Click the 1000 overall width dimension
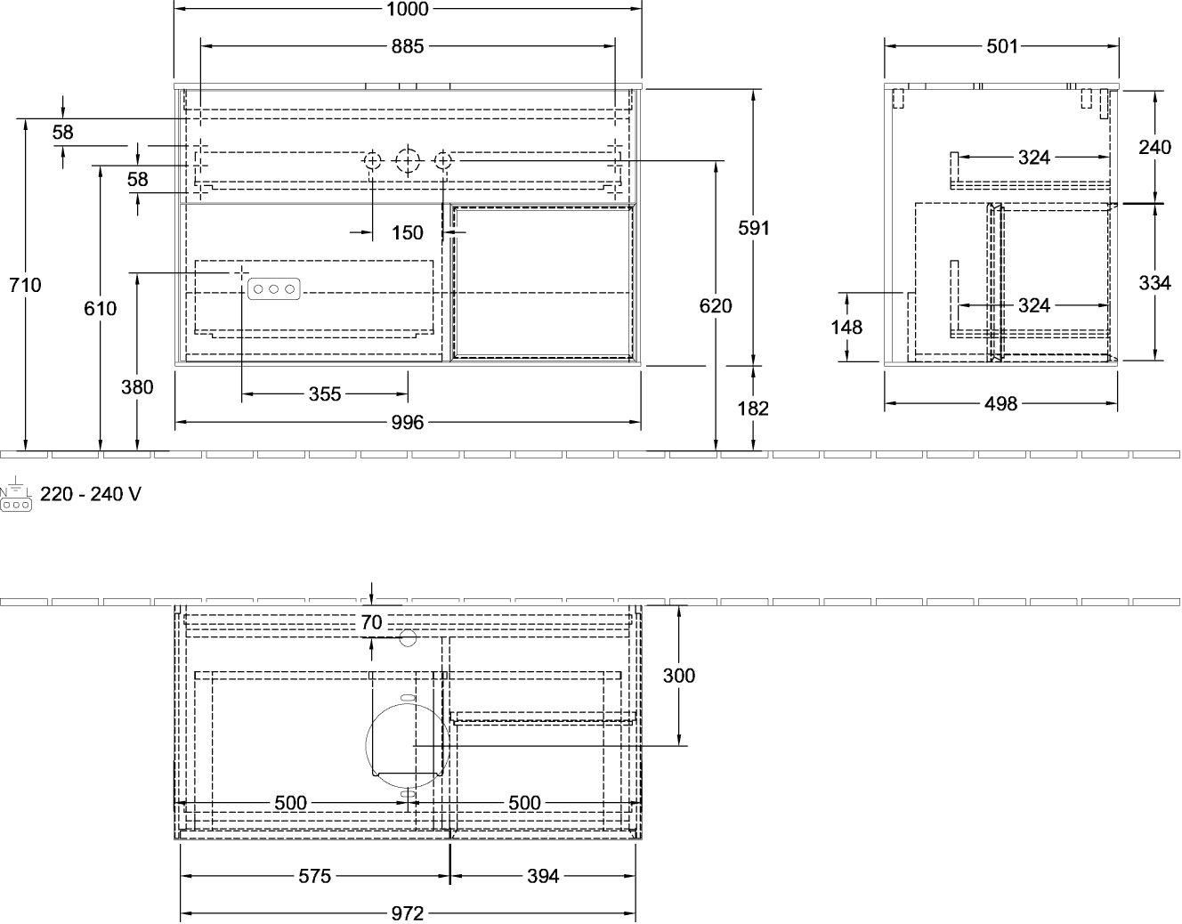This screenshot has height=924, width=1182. click(409, 9)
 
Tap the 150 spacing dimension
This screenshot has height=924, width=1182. click(408, 232)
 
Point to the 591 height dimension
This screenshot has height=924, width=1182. click(753, 228)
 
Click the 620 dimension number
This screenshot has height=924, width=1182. click(716, 306)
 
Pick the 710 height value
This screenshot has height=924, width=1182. click(25, 286)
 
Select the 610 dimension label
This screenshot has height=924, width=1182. click(100, 309)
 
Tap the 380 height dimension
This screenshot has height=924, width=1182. click(137, 387)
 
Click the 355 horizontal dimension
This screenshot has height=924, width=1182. click(325, 393)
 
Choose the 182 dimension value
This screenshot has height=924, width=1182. click(753, 409)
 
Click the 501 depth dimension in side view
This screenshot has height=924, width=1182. click(1001, 45)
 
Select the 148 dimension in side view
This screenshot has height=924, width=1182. click(846, 327)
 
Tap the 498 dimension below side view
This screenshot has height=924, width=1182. click(1001, 403)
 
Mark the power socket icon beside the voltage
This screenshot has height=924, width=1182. click(16, 498)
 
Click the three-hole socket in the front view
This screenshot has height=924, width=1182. click(274, 288)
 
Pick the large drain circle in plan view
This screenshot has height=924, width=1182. click(406, 743)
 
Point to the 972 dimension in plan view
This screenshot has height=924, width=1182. click(408, 914)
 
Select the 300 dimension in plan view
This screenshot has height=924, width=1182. click(679, 675)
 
